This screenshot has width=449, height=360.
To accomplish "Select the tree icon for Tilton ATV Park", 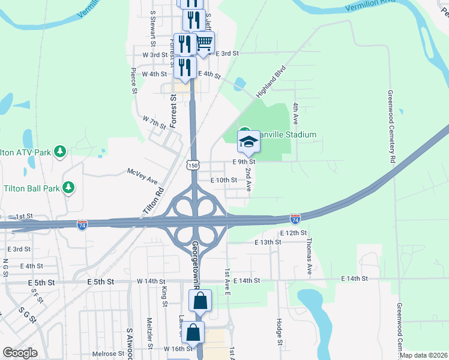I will [60, 151].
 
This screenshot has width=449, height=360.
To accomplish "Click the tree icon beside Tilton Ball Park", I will [69, 187].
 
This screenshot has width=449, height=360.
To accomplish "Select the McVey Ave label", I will [142, 176].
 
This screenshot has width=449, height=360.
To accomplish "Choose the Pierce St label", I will [134, 81].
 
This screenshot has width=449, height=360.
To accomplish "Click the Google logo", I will [20, 353].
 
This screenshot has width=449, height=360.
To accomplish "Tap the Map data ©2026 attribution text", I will [423, 355].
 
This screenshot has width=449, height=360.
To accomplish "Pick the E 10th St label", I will [224, 180].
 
